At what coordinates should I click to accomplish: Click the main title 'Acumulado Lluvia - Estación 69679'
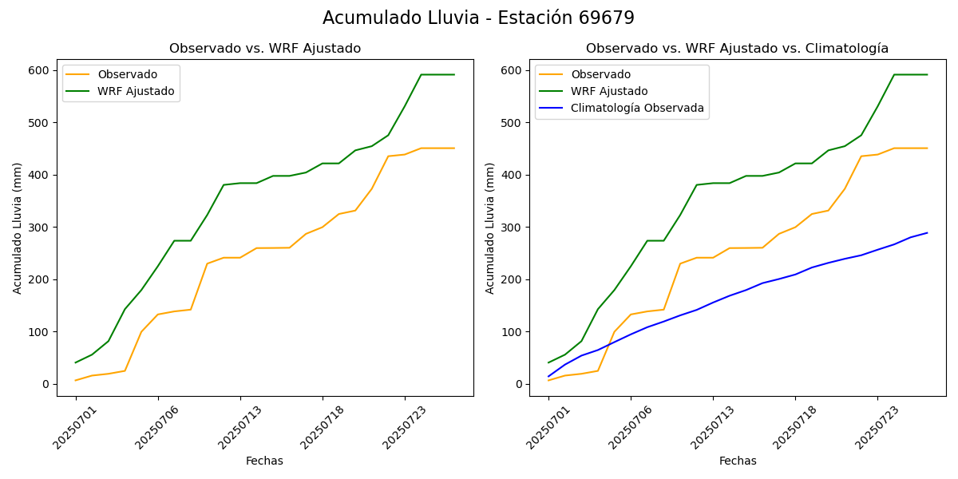478,18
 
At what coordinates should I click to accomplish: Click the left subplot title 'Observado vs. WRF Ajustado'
265,49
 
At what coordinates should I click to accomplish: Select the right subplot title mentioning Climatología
737,49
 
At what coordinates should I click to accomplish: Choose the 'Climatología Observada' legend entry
637,108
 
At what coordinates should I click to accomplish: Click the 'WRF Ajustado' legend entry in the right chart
609,91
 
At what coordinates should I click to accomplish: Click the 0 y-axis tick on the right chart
519,384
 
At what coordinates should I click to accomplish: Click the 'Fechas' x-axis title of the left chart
264,461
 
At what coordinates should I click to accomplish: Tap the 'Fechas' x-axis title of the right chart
738,461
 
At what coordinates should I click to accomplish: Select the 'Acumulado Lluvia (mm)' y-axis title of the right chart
490,228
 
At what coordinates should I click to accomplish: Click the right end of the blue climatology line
927,233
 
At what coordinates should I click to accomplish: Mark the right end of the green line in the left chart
454,75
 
